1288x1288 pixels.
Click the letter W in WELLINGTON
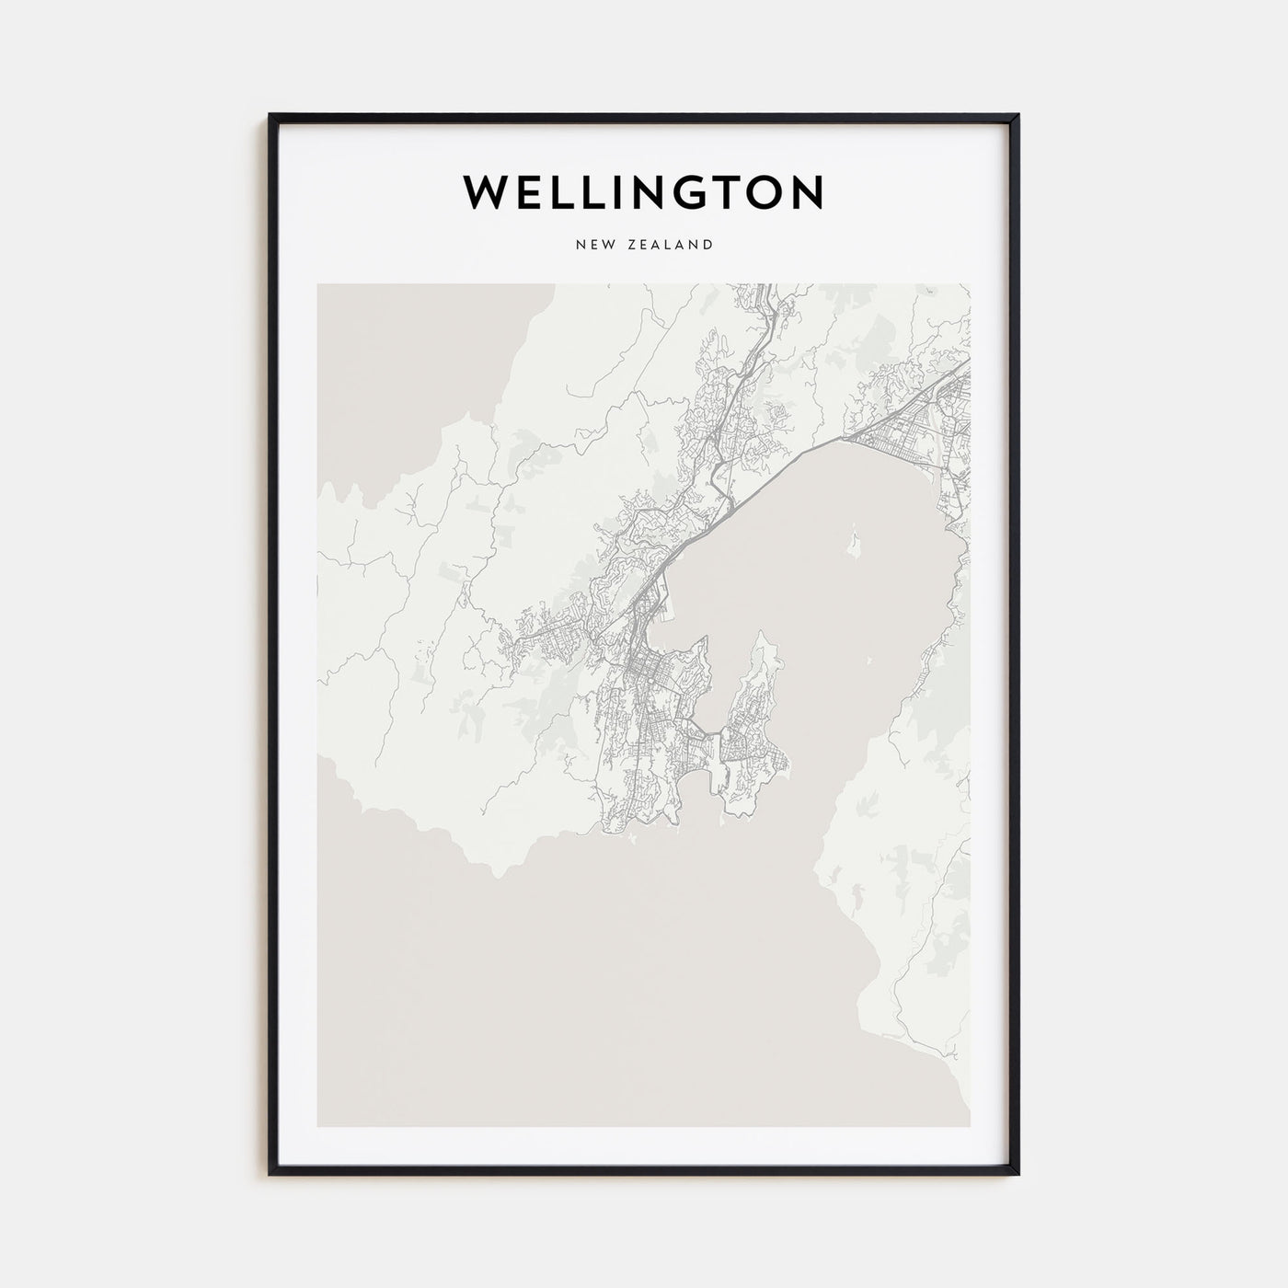pyautogui.click(x=486, y=192)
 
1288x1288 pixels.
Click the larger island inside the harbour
pyautogui.click(x=856, y=544)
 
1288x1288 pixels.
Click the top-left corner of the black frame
pyautogui.click(x=270, y=116)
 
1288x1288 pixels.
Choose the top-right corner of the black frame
pyautogui.click(x=1018, y=116)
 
